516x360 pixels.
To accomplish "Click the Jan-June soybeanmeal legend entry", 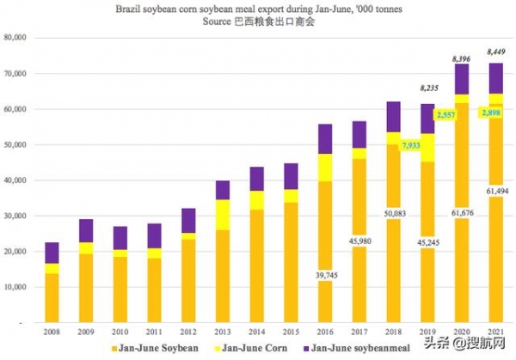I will click(371, 348).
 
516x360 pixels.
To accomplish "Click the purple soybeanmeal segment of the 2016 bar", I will click(325, 138).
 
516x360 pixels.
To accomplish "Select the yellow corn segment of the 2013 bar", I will click(223, 215).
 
